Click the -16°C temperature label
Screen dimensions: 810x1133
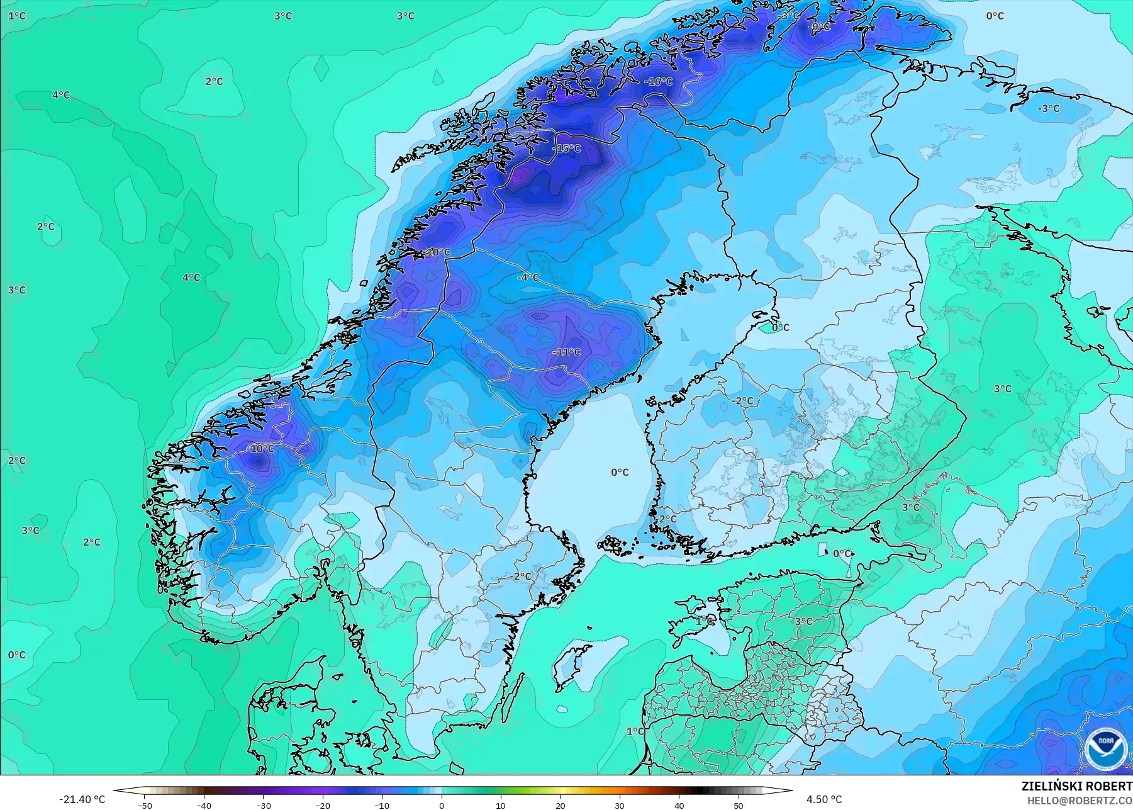[x=659, y=81]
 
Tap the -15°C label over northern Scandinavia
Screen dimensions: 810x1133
[x=567, y=149]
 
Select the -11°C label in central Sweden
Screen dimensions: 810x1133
[x=567, y=352]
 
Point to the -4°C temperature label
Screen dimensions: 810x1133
[x=528, y=277]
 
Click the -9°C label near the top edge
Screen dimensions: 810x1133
[x=819, y=27]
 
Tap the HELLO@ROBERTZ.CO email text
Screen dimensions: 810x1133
[x=1080, y=801]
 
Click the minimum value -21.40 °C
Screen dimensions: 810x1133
[x=82, y=799]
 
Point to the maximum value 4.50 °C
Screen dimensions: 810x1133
[x=824, y=799]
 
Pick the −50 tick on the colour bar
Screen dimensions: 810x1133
[x=145, y=806]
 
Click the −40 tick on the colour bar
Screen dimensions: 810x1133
[x=204, y=806]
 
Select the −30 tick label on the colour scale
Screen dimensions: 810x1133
[x=263, y=806]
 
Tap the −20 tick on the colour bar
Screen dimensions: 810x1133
[x=323, y=806]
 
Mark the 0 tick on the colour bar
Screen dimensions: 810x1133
[x=442, y=806]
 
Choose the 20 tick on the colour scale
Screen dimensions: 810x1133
[x=560, y=806]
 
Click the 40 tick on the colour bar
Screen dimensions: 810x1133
[x=679, y=806]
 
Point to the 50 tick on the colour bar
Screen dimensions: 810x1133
[x=738, y=806]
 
